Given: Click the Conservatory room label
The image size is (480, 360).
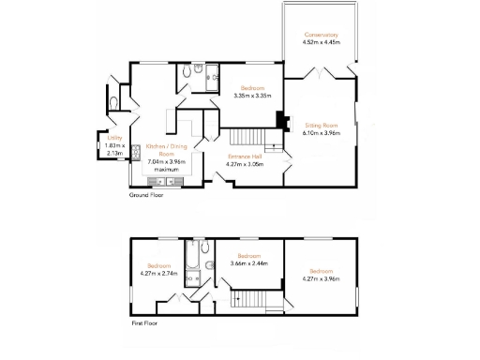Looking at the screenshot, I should coord(321,35).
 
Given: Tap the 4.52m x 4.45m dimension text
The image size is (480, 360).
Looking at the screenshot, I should coord(321,42).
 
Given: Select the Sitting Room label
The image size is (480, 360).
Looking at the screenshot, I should coord(321,125).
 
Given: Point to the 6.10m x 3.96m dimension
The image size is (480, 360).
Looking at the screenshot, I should coord(321,133).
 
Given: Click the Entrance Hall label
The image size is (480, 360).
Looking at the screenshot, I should coord(244,157).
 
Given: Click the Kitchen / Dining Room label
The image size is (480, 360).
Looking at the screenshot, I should coord(166,150).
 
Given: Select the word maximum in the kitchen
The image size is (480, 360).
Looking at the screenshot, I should coord(166,170).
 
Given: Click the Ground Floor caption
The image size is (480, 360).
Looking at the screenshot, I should coord(145,196).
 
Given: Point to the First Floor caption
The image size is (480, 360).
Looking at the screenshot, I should coord(143,322).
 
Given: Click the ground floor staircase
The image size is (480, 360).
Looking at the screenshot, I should coord(246,136).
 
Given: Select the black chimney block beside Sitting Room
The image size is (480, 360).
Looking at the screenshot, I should coord(278,120).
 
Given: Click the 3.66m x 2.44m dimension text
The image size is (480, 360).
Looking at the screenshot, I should coord(248,263).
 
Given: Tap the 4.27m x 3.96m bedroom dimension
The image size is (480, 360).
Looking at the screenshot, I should coord(321,278).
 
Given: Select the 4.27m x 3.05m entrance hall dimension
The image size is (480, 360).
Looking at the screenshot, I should coord(244,164).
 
